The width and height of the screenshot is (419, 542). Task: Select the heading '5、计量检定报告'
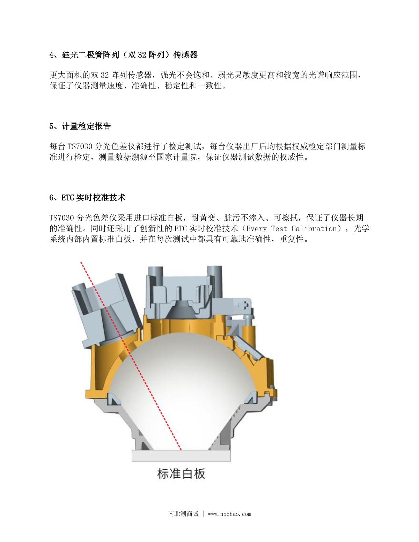[80, 126]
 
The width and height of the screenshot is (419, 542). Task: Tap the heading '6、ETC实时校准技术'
[87, 198]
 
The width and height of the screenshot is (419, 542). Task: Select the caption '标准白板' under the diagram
[181, 474]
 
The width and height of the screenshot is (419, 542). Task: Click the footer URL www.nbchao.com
[229, 514]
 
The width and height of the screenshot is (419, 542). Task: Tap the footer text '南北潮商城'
[183, 514]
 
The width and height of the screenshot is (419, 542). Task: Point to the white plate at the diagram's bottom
[181, 456]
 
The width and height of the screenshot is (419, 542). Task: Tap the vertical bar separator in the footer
[203, 514]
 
